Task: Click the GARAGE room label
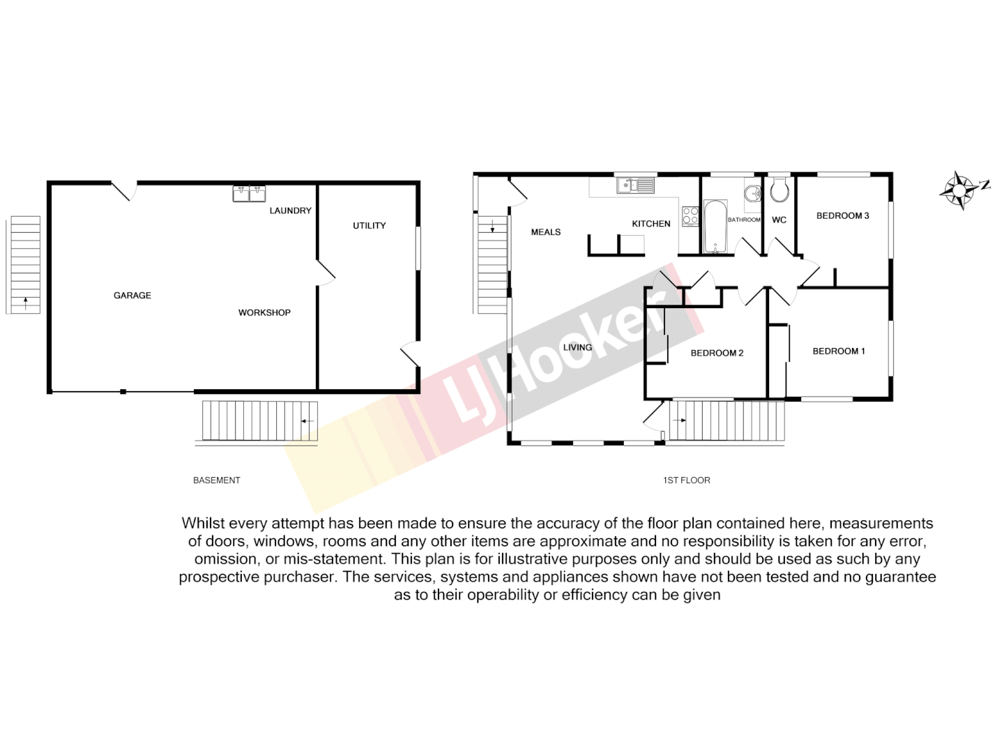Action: pos(132,296)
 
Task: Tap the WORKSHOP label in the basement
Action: pos(264,313)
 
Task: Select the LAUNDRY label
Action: pos(290,211)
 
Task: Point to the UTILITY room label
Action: pos(369,226)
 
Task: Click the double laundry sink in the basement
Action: pos(249,193)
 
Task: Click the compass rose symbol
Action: pos(960,189)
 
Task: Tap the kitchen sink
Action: pos(635,185)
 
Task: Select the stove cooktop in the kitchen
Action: pos(690,216)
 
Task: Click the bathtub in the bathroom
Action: pos(715,227)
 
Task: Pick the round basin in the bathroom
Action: pos(752,193)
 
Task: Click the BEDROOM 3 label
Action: pos(842,216)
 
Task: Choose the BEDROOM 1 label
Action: pos(839,351)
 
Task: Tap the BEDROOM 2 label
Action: pos(717,353)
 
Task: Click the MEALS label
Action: pos(546,232)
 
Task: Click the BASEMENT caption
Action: pos(216,480)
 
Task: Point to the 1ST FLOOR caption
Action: pos(687,480)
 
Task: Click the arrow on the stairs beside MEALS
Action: pos(493,226)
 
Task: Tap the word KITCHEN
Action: pos(651,224)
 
